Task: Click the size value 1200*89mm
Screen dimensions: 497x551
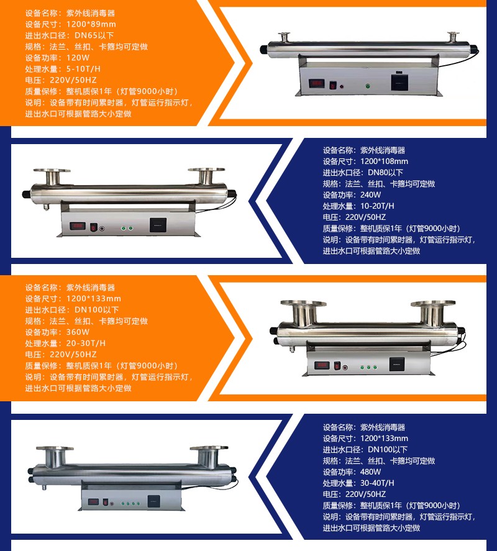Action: [91, 24]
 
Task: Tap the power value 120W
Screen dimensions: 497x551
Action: [78, 58]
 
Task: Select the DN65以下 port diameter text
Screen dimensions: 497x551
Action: [94, 35]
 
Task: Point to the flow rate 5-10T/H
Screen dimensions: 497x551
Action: [83, 69]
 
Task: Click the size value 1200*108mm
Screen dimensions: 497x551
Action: [384, 162]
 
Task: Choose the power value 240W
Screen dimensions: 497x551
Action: [370, 194]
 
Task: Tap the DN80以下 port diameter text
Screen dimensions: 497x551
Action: [385, 173]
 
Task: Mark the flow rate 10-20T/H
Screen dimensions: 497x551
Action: [377, 206]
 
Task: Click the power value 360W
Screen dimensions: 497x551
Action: [78, 332]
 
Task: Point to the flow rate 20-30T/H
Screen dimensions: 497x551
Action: [86, 344]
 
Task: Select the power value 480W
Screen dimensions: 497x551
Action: [370, 471]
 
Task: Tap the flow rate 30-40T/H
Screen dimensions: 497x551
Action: [377, 483]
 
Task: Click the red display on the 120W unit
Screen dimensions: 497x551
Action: [316, 84]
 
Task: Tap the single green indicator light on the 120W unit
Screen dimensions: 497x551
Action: [368, 86]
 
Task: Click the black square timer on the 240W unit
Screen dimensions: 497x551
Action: [158, 225]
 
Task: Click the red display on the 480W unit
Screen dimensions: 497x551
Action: [93, 501]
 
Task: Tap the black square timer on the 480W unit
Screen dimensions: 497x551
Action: [153, 501]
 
